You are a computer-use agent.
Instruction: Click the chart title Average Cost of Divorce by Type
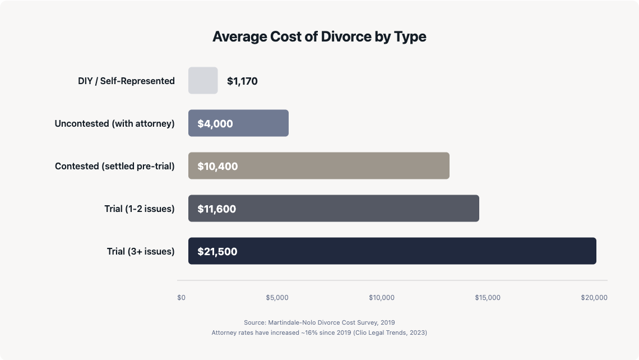tap(319, 37)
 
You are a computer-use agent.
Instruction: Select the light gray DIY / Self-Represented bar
tap(203, 81)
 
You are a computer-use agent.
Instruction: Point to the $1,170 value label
tap(242, 81)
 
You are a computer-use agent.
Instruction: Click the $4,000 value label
tap(215, 124)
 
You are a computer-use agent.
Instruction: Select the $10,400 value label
tap(217, 167)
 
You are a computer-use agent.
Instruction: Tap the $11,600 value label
tap(216, 209)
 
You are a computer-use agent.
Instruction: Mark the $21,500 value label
tap(217, 252)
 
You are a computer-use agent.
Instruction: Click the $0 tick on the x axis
tap(181, 298)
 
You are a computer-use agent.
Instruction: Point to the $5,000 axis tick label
tap(277, 298)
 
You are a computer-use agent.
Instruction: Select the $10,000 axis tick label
tap(382, 298)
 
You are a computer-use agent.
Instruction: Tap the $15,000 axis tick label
tap(488, 298)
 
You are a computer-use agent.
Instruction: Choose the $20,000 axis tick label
tap(594, 298)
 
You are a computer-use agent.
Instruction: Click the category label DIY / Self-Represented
tap(126, 81)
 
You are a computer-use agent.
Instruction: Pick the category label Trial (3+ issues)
tap(141, 252)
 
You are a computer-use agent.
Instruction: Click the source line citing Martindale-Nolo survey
tap(319, 322)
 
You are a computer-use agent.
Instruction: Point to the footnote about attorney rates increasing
tap(319, 333)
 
